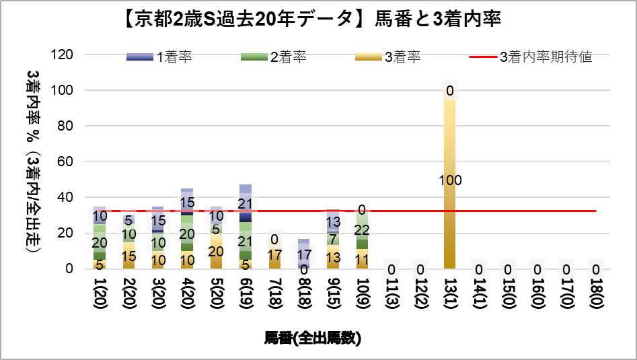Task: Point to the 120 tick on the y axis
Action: [x=71, y=55]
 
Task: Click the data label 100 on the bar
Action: [x=449, y=180]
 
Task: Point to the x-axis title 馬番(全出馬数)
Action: [x=313, y=338]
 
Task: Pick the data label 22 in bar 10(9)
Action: [x=362, y=231]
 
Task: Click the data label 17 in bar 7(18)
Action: [x=274, y=255]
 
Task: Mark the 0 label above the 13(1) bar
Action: [x=449, y=91]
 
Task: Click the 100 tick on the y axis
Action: [x=71, y=90]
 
